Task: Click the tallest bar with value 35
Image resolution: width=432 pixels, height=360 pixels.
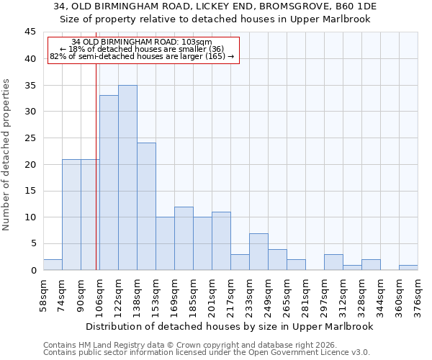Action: pyautogui.click(x=127, y=178)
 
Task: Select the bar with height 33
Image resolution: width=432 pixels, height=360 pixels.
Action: pyautogui.click(x=109, y=183)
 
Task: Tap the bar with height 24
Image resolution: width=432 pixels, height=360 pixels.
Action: pyautogui.click(x=146, y=207)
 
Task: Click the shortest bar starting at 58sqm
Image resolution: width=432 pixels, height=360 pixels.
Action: pyautogui.click(x=53, y=265)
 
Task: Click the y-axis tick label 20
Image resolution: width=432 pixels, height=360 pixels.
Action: pyautogui.click(x=30, y=164)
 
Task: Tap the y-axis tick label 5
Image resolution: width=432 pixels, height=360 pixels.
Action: pyautogui.click(x=33, y=244)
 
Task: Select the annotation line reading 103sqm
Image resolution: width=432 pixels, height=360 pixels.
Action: pyautogui.click(x=143, y=42)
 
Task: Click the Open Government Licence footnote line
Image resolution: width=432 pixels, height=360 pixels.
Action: pyautogui.click(x=207, y=353)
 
